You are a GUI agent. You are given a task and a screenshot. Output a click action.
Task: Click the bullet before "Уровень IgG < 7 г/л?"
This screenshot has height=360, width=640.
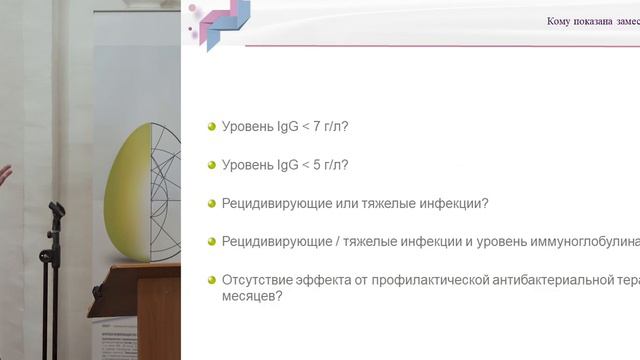(x=212, y=126)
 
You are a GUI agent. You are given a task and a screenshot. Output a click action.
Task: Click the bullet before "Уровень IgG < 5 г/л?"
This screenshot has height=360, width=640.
(x=212, y=164)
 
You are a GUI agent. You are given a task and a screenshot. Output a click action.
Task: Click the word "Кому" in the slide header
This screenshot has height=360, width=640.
(x=561, y=22)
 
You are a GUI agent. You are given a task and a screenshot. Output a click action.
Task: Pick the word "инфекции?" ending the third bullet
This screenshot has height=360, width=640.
(x=457, y=203)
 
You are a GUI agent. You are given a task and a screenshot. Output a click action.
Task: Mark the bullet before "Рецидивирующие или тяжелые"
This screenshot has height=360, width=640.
(x=212, y=203)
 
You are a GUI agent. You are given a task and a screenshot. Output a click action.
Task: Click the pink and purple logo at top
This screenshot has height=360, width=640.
(x=217, y=22)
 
